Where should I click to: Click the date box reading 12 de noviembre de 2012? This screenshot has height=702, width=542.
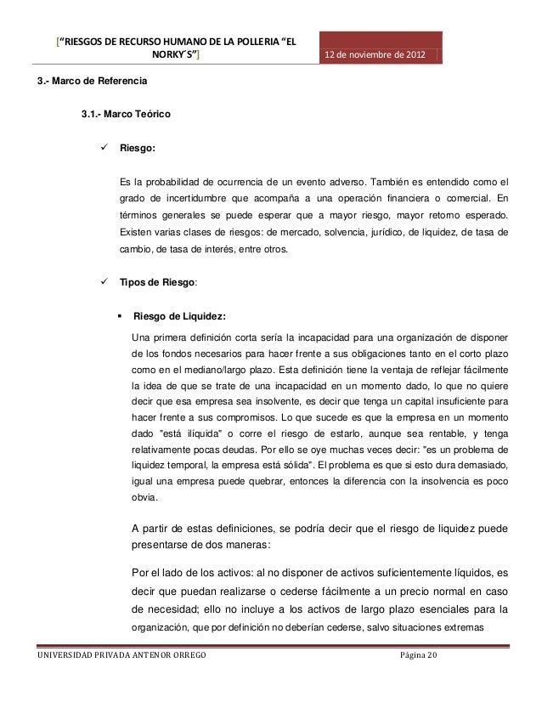click(379, 56)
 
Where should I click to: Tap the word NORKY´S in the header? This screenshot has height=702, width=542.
click(172, 56)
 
